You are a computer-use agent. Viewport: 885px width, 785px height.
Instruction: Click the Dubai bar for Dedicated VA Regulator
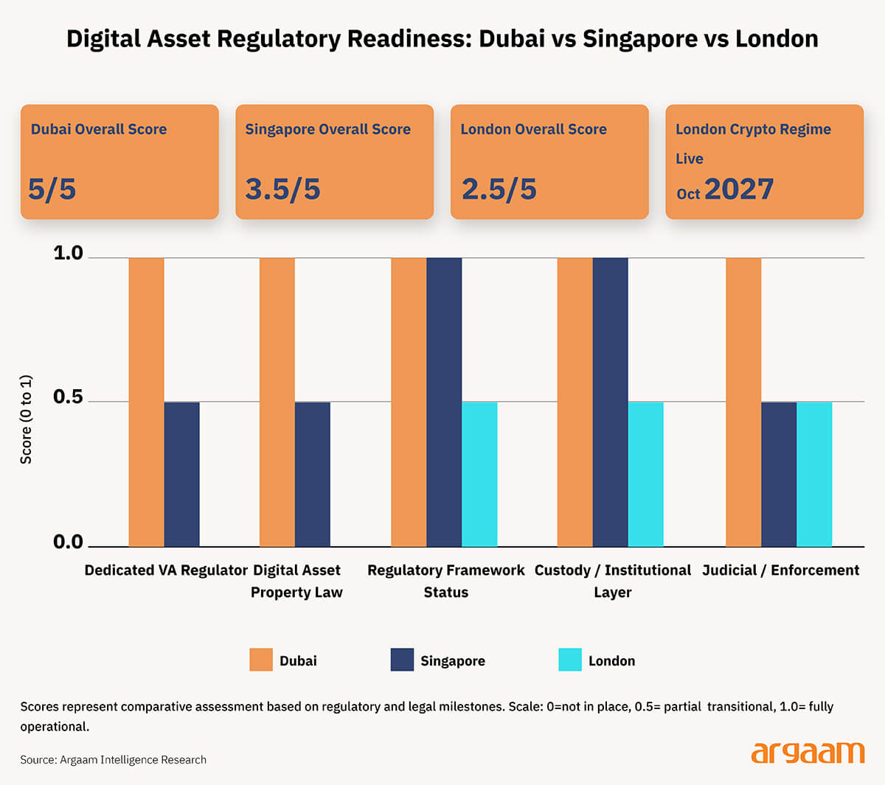(146, 402)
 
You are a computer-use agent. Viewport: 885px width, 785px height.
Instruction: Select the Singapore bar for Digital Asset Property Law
(312, 474)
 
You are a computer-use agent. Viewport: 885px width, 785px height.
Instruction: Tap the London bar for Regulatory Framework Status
(479, 474)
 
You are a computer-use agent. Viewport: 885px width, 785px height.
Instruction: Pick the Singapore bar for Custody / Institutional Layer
(610, 402)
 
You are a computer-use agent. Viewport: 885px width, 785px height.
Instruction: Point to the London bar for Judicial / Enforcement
(814, 474)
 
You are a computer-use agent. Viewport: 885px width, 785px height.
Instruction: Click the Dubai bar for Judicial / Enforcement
(743, 402)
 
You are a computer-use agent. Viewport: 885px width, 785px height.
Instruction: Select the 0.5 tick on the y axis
(68, 397)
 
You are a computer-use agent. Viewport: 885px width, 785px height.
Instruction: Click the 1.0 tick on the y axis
(68, 254)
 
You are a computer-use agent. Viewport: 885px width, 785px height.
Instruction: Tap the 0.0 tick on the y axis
(68, 542)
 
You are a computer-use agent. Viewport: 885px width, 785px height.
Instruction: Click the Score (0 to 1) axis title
(26, 419)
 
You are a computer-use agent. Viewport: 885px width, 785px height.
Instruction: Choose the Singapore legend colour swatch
(402, 660)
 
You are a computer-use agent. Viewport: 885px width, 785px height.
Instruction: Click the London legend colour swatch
(570, 660)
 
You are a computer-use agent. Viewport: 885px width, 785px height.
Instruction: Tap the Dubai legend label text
(298, 661)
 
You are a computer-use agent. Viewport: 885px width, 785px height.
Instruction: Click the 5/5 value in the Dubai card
(52, 189)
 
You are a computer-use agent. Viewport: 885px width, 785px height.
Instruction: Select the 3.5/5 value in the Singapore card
(282, 189)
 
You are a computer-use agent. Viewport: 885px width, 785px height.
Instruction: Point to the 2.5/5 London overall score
(499, 189)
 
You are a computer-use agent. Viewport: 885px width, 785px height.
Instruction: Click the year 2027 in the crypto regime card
(738, 189)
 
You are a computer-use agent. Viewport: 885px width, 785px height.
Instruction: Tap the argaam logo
(808, 753)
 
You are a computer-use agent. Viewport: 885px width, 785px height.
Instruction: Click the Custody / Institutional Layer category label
(612, 581)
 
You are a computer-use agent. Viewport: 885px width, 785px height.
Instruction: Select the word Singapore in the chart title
(639, 38)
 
